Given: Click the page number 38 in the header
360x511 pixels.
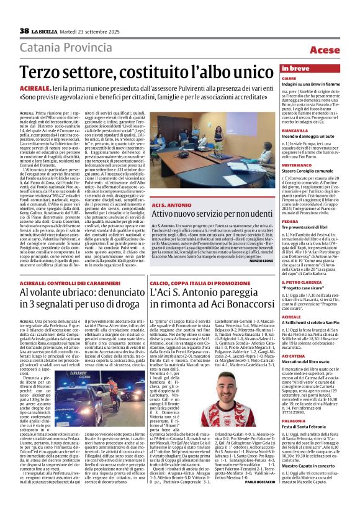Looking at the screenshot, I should pyautogui.click(x=24, y=31).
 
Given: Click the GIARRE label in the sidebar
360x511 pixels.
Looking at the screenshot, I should pyautogui.click(x=289, y=79).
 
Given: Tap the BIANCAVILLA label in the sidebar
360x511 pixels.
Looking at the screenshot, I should pyautogui.click(x=295, y=132).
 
